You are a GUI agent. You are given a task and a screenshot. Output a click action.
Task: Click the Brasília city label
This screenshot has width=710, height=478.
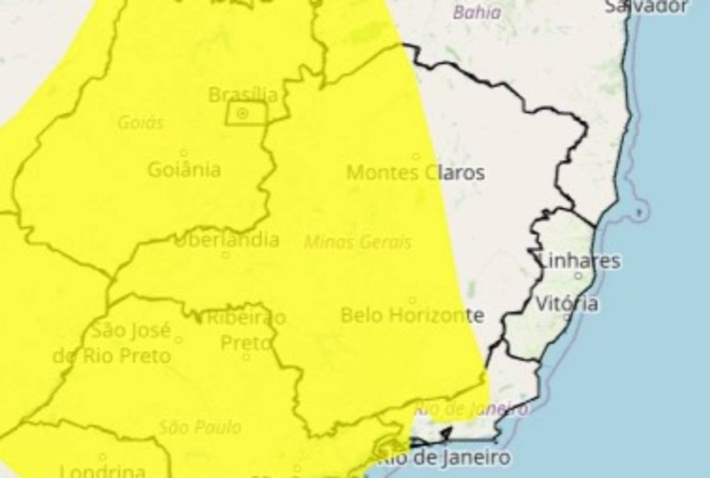pyautogui.click(x=243, y=94)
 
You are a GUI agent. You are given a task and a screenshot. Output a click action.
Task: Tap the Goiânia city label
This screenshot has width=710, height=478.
pyautogui.click(x=184, y=170)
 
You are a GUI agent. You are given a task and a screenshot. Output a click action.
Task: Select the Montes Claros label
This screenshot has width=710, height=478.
pyautogui.click(x=416, y=172)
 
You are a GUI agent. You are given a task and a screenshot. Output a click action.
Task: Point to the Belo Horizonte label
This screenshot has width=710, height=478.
pyautogui.click(x=412, y=315)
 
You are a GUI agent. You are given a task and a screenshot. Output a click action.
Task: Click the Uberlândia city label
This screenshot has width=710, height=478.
pyautogui.click(x=226, y=240)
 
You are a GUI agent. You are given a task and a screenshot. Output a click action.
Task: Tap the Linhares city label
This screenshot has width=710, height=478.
pyautogui.click(x=578, y=260)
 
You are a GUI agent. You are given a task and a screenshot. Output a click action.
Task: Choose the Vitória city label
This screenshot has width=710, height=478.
pyautogui.click(x=567, y=304)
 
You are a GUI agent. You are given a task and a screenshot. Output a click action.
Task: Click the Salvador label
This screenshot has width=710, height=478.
pyautogui.click(x=646, y=6)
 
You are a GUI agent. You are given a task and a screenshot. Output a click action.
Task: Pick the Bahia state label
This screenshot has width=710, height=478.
pyautogui.click(x=477, y=12)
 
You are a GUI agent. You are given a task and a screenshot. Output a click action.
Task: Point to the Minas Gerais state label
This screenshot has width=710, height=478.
pyautogui.click(x=357, y=241)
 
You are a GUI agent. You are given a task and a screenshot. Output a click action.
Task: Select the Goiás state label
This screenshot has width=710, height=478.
pyautogui.click(x=140, y=123)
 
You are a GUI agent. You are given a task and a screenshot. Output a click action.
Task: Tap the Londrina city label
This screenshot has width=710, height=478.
pyautogui.click(x=102, y=471)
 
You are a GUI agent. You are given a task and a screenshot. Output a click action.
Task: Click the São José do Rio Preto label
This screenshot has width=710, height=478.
pyautogui.click(x=112, y=342)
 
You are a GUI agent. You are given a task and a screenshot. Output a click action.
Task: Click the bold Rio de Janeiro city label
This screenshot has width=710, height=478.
pyautogui.click(x=445, y=458)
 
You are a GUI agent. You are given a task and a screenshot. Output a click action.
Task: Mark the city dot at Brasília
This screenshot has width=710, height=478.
pyautogui.click(x=242, y=114)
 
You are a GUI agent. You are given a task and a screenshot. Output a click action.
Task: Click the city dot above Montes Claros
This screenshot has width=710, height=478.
pyautogui.click(x=416, y=157)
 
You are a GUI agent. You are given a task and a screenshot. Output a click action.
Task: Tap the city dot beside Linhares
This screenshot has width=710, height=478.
pyautogui.click(x=578, y=275)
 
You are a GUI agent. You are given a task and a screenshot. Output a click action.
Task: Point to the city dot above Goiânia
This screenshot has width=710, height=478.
pyautogui.click(x=183, y=153)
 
